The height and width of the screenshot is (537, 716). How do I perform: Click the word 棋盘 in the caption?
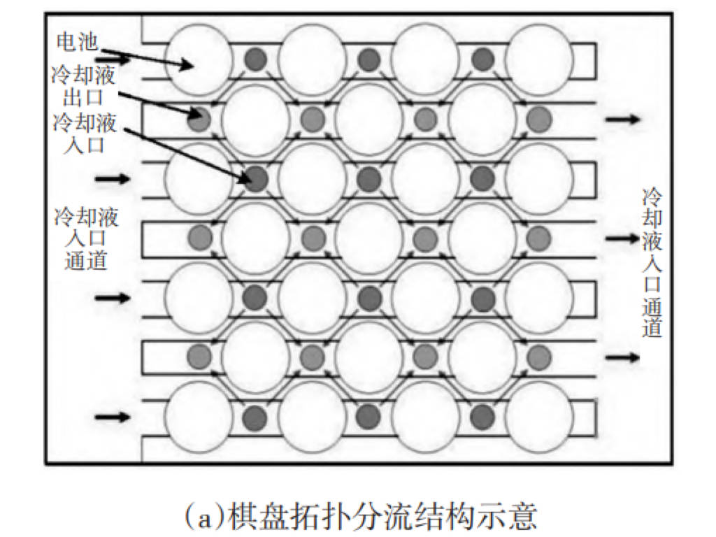coord(249,517)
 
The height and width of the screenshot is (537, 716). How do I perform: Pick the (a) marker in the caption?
coord(200,517)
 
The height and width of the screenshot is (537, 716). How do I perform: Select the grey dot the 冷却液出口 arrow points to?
coord(199,120)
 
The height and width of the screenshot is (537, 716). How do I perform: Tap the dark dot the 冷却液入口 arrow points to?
coord(255,178)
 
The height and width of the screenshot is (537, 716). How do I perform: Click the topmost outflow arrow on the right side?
coord(622,120)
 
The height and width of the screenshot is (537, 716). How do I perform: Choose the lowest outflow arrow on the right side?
coord(622,357)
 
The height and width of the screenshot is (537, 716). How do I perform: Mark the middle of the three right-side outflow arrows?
coord(622,238)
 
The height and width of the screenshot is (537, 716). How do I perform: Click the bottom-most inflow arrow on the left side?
coord(113,417)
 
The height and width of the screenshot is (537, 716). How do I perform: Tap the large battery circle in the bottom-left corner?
coord(199,417)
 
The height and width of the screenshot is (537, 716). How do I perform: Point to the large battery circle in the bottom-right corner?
coord(539,417)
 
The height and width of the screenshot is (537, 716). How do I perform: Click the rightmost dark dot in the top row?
coord(482,60)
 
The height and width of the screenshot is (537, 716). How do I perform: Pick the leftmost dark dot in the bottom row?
coord(255,417)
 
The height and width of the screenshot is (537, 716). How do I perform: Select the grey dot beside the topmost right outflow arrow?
coord(539,120)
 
